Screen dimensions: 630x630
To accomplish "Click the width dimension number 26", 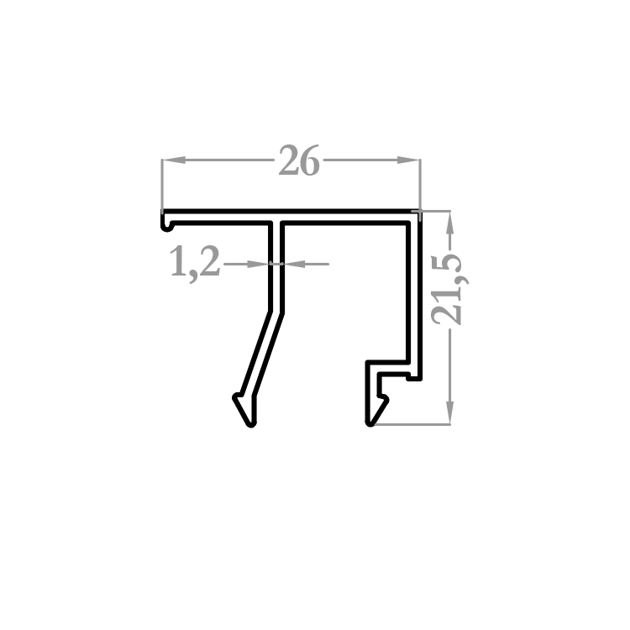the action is pyautogui.click(x=299, y=160).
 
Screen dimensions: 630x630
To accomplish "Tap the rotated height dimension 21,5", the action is pyautogui.click(x=448, y=289).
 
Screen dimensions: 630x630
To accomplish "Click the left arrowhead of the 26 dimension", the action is pyautogui.click(x=174, y=160).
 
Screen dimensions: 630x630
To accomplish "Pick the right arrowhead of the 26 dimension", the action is pyautogui.click(x=408, y=160).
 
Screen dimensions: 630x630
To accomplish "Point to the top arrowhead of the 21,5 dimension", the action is pyautogui.click(x=450, y=223).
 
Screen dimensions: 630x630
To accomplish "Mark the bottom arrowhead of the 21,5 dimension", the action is pyautogui.click(x=450, y=412).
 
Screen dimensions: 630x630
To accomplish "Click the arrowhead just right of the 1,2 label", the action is pyautogui.click(x=258, y=264).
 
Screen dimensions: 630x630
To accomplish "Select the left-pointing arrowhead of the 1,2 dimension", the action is pyautogui.click(x=296, y=264).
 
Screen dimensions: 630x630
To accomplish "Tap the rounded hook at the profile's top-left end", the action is pyautogui.click(x=166, y=226).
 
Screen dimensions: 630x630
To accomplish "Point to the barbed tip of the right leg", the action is pyautogui.click(x=376, y=410).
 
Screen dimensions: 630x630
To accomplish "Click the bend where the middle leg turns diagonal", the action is pyautogui.click(x=276, y=312).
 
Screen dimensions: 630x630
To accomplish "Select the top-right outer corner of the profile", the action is pyautogui.click(x=420, y=211).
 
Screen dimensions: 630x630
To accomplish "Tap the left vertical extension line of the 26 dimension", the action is pyautogui.click(x=162, y=186).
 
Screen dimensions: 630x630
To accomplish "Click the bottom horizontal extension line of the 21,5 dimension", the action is pyautogui.click(x=412, y=424).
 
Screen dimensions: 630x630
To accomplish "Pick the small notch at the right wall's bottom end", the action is pyautogui.click(x=414, y=377).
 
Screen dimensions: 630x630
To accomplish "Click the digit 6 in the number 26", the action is pyautogui.click(x=310, y=160).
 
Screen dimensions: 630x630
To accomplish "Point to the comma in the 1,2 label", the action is pyautogui.click(x=193, y=277).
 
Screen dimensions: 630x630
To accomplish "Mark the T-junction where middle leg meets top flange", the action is pyautogui.click(x=276, y=222).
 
